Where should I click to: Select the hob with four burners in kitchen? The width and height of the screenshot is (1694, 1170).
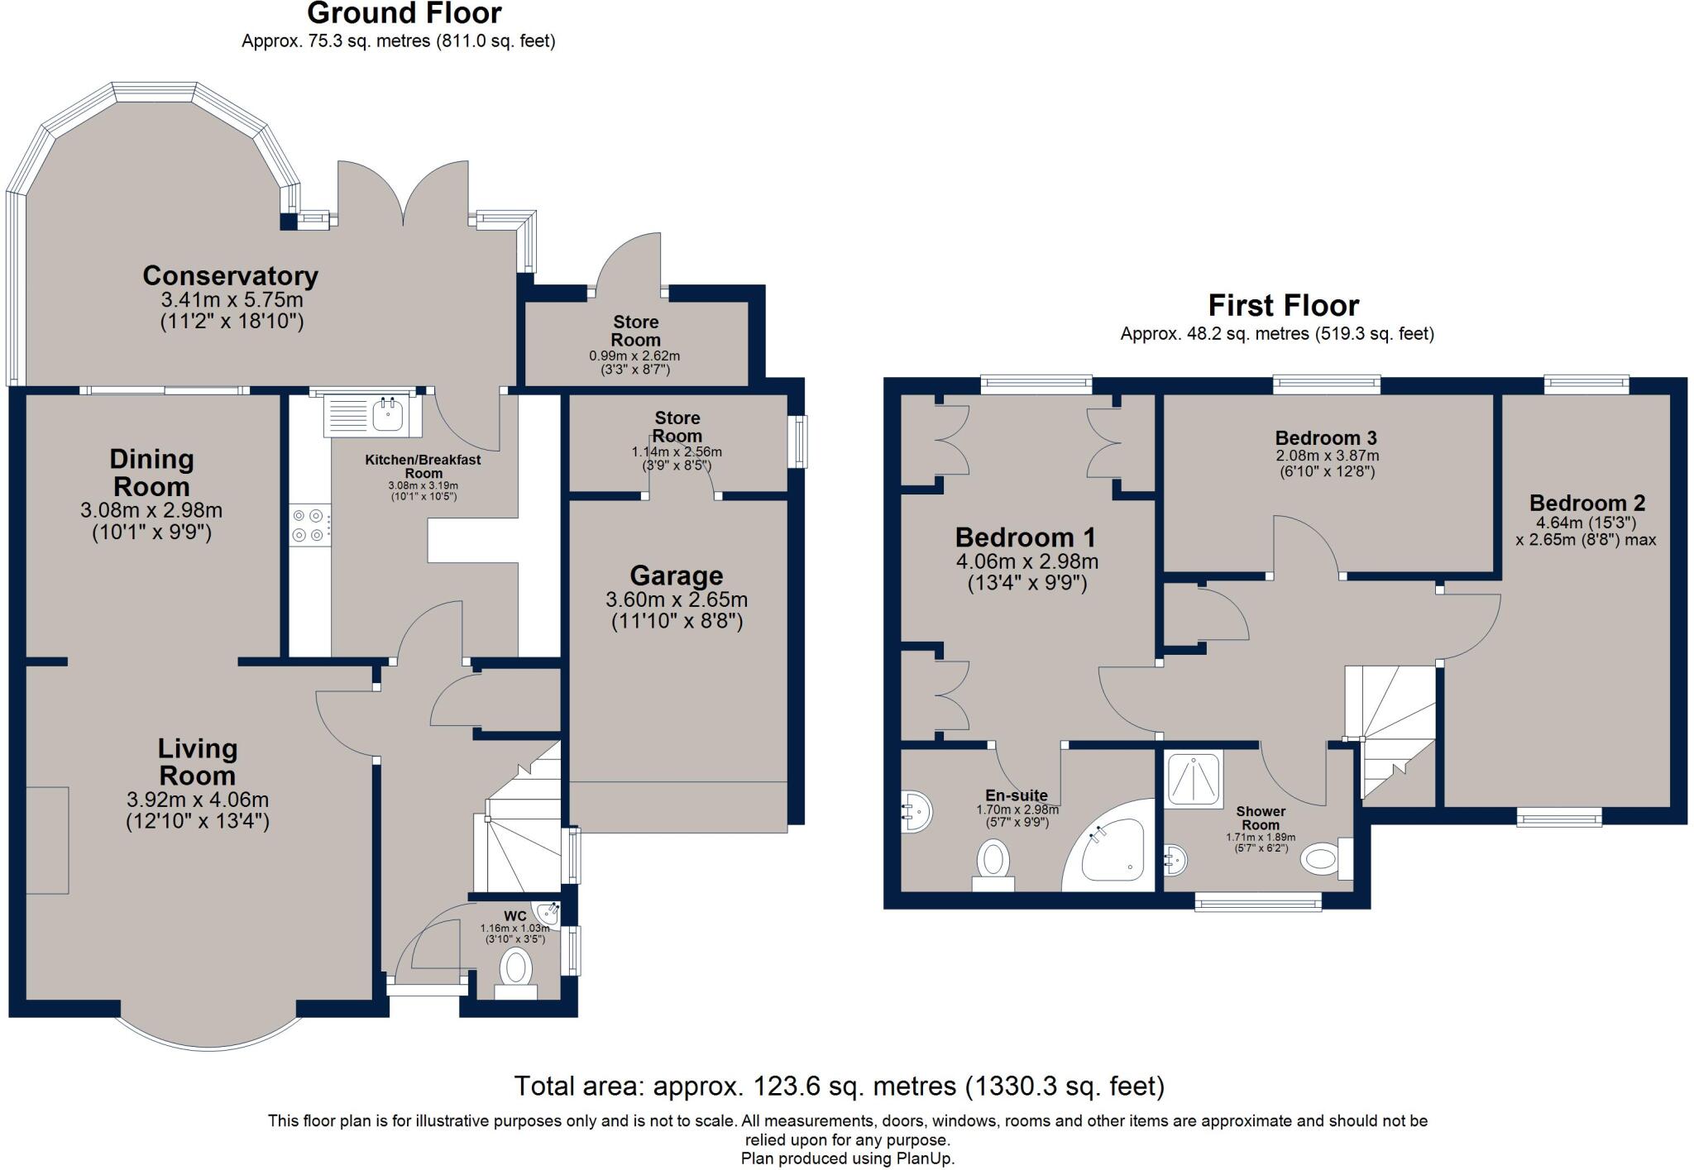coord(310,525)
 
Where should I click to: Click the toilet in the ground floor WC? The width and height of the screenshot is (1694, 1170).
coord(516,968)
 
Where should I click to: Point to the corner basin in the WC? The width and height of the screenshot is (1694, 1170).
coord(548,912)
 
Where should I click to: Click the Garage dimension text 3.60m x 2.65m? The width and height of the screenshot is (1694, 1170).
coord(676,599)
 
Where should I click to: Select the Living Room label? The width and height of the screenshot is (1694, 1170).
coord(197,762)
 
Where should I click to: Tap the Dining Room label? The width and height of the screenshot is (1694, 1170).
coord(151,472)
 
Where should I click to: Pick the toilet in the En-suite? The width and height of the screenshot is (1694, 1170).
coord(993,862)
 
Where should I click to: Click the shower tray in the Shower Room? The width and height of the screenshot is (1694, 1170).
coord(1193,779)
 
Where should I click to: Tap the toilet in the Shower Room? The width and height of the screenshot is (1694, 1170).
coord(1321,860)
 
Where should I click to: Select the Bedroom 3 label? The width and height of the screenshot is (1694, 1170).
coord(1325,437)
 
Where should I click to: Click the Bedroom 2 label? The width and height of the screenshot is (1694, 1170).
coord(1586,503)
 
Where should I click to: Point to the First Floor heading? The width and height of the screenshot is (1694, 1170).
coord(1283,306)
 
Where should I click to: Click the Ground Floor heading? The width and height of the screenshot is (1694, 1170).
coord(404,13)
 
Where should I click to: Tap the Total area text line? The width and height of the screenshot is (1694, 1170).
coord(839,1085)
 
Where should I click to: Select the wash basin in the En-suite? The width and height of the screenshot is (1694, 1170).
coord(917,813)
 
